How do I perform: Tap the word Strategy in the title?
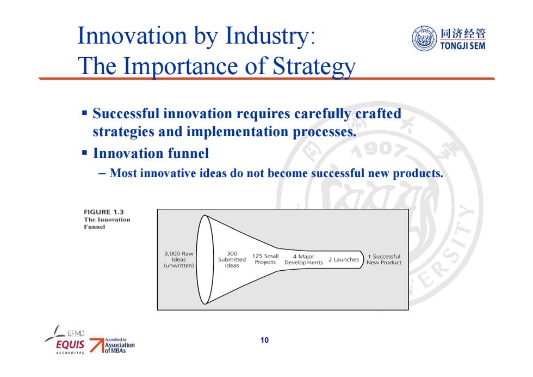point(314,66)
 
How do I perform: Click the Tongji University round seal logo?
point(424,39)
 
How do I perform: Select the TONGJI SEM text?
point(463,46)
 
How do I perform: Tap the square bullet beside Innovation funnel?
point(85,152)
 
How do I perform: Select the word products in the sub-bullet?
point(418,174)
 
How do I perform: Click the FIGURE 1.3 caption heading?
point(104,212)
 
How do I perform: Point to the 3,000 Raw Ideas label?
point(179,259)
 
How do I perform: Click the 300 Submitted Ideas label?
point(232,259)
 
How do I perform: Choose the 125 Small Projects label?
point(265,259)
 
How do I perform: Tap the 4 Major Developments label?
point(303,259)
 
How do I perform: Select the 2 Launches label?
point(343,259)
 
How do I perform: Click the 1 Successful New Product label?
point(384,259)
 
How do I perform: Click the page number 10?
point(264,340)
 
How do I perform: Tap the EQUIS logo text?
point(70,345)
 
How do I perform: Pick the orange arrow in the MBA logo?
point(97,345)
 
